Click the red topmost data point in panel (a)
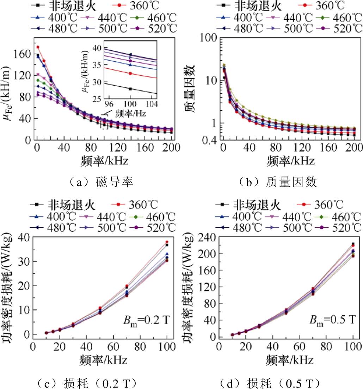tap(38, 47)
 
